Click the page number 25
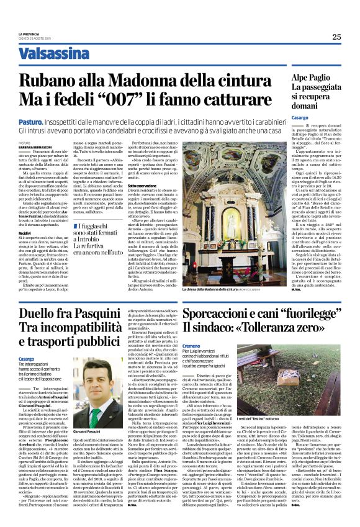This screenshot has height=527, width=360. tap(336, 37)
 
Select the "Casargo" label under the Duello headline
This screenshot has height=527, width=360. tap(26, 359)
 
